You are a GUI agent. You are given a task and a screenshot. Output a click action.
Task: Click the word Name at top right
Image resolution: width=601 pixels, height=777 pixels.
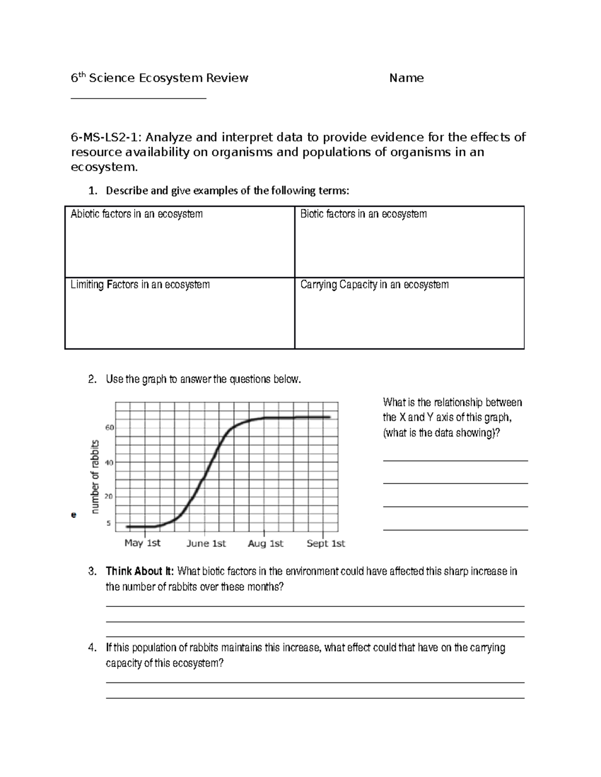[406, 78]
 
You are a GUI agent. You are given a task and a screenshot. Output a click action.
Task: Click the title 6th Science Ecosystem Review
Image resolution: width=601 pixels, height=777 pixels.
[159, 78]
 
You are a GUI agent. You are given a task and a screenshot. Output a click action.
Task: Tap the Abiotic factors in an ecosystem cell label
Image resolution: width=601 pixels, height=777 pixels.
[136, 214]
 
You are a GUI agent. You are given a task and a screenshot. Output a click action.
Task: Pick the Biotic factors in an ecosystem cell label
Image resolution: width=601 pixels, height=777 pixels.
[363, 214]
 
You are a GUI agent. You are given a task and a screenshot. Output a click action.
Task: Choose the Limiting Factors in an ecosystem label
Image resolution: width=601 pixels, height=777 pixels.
[140, 285]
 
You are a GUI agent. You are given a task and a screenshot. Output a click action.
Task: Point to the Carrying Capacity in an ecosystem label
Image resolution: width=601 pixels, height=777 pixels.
[374, 285]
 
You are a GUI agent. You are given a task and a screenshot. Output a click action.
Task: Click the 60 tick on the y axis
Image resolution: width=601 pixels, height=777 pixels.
[110, 428]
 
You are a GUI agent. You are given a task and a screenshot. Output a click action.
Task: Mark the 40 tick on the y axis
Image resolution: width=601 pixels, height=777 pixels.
[110, 462]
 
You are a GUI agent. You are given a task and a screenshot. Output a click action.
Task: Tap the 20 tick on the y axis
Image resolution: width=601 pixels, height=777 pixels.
[110, 497]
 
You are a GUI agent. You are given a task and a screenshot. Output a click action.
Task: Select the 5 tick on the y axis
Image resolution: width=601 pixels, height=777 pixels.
[109, 523]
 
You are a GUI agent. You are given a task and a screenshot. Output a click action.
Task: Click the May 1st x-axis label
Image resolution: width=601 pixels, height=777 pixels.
[142, 543]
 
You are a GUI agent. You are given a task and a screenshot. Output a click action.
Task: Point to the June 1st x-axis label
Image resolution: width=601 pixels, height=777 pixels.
[206, 543]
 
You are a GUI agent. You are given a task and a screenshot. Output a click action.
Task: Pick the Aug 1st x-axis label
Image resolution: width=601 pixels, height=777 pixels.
[265, 543]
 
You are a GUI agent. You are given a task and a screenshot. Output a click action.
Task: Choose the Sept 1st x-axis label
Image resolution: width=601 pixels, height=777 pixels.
[326, 543]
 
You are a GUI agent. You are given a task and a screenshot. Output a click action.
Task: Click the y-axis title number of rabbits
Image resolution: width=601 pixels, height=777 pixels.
[95, 476]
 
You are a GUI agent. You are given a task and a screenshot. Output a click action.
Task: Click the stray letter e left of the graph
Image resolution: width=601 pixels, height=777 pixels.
[74, 514]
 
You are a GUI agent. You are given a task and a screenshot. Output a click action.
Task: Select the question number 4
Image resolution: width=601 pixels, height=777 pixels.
[91, 648]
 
